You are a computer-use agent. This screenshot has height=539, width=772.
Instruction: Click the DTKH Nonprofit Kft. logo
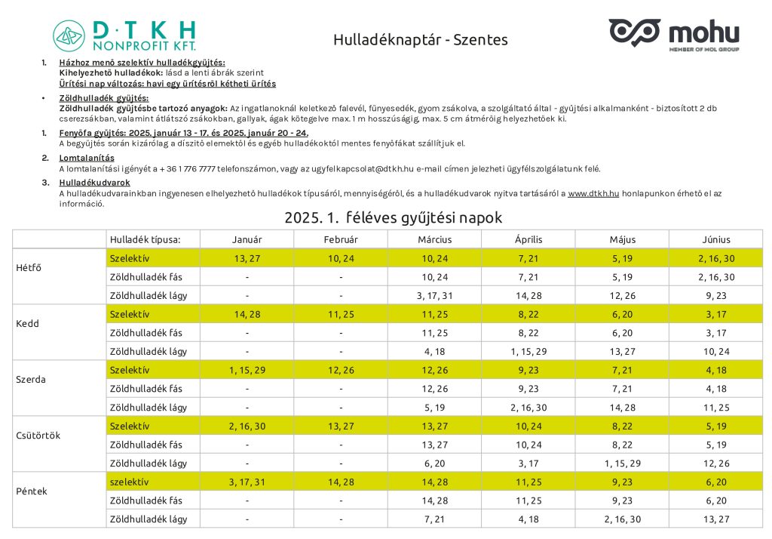coord(124,35)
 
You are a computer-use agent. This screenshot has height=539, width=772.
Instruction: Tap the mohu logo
coord(673,34)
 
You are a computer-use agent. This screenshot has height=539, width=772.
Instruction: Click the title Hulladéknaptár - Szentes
coord(420,39)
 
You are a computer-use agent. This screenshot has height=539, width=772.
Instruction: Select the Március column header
coord(434,239)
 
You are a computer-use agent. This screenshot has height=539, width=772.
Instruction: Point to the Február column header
coord(341,239)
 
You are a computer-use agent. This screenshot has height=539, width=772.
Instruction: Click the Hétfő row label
coord(29,267)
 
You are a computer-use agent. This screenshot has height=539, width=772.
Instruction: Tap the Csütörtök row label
coord(38,435)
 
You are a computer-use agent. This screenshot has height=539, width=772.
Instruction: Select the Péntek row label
coord(32,491)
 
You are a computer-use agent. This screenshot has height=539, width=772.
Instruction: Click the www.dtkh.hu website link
coord(593,193)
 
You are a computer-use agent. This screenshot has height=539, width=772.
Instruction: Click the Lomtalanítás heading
coord(87,158)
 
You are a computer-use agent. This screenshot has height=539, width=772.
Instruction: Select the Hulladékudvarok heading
coord(94,182)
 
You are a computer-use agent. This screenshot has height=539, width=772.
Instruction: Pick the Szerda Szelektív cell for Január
coord(247,370)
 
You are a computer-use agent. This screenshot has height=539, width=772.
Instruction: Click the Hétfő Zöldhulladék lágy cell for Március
coord(434,295)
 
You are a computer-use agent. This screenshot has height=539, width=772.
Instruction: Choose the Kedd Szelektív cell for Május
coord(622,314)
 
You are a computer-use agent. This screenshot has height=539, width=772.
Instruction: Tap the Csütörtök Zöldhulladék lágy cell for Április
coord(528,463)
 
